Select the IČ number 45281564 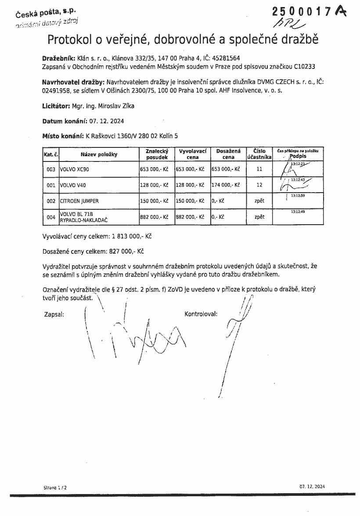click(225, 58)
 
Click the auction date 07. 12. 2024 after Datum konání click(104, 121)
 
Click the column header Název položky click(99, 154)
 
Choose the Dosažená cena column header click(228, 154)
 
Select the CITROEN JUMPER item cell click(79, 201)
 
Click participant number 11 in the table click(259, 169)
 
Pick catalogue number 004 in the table click(51, 217)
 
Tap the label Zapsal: click(54, 314)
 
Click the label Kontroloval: click(201, 314)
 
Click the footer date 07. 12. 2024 click(313, 486)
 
